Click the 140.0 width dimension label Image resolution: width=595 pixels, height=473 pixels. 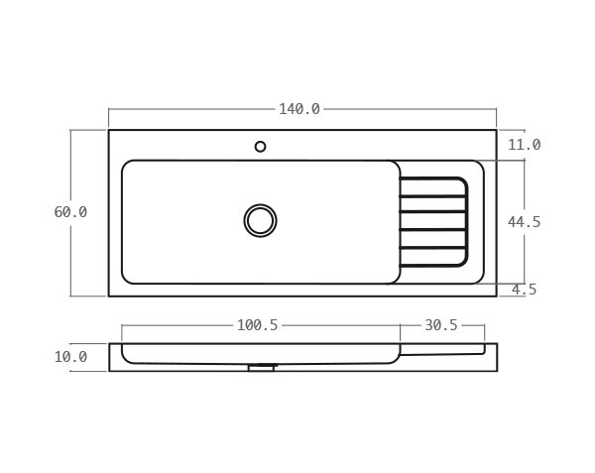(x=299, y=109)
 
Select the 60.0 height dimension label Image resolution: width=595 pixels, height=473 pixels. (x=70, y=212)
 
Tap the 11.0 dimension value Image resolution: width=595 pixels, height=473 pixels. (x=524, y=145)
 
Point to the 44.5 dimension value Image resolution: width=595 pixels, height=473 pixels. (x=524, y=222)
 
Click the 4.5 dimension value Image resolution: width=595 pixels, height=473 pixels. (x=524, y=290)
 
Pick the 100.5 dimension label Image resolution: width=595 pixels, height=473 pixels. (x=257, y=325)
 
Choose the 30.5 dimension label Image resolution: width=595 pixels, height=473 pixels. (x=441, y=325)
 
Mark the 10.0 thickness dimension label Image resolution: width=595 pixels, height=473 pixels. (x=70, y=357)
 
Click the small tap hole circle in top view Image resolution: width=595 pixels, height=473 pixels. (x=260, y=147)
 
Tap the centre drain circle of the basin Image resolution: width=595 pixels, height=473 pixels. (x=260, y=220)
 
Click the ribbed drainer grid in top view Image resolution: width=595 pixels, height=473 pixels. (x=432, y=222)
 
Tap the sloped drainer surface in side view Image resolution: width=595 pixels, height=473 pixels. (x=441, y=352)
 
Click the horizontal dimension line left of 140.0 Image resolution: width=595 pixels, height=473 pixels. (x=188, y=109)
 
